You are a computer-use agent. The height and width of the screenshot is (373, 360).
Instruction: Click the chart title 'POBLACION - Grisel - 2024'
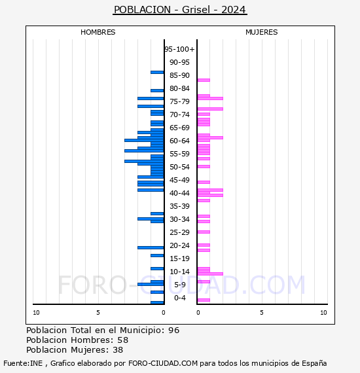coord(180,10)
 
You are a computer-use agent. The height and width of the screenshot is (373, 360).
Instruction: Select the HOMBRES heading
coord(98,32)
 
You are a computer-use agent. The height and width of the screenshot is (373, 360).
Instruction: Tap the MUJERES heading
coord(262,32)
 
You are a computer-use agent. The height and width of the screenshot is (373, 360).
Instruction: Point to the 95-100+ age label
coord(179,49)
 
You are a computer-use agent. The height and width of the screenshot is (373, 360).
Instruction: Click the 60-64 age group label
coord(179,141)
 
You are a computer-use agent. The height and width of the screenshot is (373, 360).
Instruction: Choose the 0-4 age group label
coord(179,298)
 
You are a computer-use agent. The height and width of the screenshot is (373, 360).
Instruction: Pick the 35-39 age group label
coord(179,206)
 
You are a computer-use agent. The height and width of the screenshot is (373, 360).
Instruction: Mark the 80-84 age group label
coord(179,88)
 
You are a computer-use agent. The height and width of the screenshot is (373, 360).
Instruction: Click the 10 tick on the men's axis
coord(36,313)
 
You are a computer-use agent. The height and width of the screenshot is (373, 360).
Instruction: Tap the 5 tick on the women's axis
coord(262,313)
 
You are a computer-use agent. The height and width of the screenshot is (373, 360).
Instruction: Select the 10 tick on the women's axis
coord(323,313)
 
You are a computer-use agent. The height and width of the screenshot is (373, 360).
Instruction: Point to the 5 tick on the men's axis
coord(98,313)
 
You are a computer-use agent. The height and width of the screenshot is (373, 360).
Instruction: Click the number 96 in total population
coord(173,330)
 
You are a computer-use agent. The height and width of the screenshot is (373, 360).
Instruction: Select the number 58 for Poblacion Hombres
coord(123,340)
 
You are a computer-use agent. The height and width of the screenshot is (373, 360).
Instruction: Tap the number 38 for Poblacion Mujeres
coord(118,350)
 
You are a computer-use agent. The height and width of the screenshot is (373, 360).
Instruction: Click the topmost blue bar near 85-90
coord(157,73)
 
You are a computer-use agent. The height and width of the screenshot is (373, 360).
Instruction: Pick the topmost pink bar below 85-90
coord(204,80)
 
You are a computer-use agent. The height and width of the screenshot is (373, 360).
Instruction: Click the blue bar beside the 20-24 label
coord(151,247)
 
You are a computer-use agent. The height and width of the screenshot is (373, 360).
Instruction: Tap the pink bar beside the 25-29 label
coord(204,232)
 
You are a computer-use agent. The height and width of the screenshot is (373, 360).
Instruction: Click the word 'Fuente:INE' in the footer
coord(23,363)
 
